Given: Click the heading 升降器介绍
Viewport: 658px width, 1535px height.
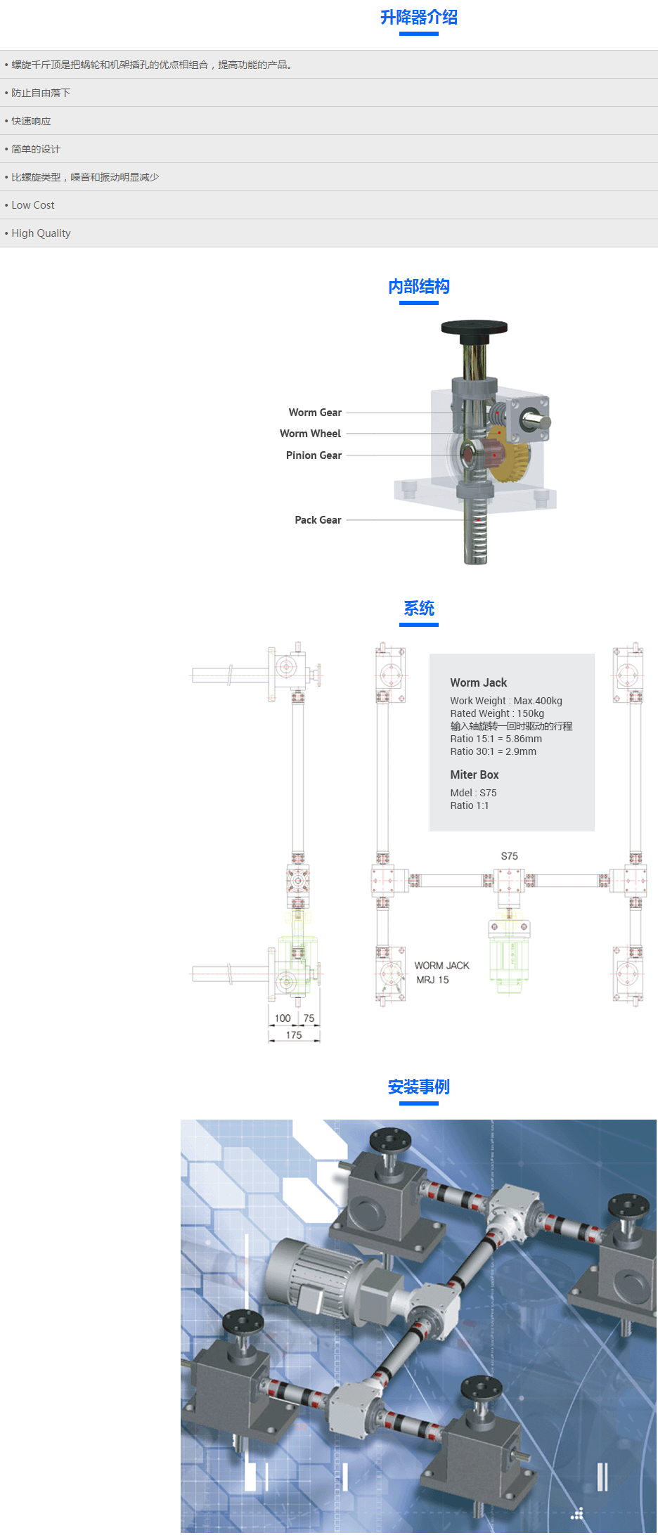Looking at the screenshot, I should [x=418, y=18].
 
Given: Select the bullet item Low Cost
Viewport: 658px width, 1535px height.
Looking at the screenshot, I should [x=33, y=205].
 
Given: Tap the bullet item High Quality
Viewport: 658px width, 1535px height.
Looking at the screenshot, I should [x=41, y=233].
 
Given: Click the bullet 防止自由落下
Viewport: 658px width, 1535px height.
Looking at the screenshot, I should [x=41, y=93].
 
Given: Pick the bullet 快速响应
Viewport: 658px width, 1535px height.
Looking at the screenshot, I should [x=31, y=121].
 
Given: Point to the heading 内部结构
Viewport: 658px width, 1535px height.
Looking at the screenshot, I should [x=418, y=287].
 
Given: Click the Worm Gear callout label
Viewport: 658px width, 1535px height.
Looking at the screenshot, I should [x=315, y=413].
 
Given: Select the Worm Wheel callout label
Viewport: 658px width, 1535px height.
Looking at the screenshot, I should [x=310, y=434].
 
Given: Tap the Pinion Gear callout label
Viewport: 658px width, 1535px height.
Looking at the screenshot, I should [x=314, y=455].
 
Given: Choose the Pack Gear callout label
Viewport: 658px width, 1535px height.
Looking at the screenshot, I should [x=318, y=520].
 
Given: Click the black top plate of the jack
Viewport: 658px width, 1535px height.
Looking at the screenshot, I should [x=474, y=328].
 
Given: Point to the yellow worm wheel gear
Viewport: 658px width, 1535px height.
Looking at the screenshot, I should [x=510, y=457].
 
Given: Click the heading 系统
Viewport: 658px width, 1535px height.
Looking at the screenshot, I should [x=418, y=609].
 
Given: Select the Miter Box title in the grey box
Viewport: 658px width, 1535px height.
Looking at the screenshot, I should [x=475, y=775].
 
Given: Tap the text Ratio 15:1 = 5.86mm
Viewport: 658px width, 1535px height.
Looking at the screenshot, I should [x=496, y=739].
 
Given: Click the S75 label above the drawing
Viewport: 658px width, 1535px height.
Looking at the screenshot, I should [x=509, y=856].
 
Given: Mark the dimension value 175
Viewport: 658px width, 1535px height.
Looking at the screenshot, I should [x=294, y=1035].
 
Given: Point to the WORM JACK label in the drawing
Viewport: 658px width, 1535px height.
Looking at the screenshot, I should [x=441, y=966].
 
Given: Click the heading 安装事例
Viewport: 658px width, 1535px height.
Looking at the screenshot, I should [x=418, y=1087].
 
